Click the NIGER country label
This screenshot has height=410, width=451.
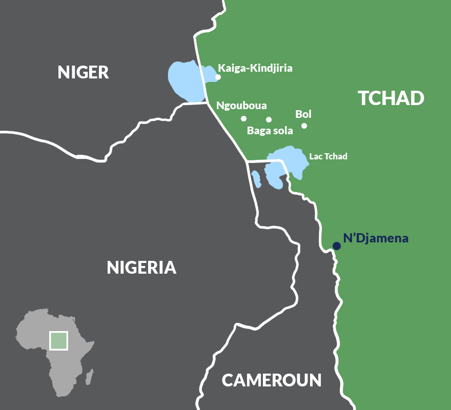(83, 72)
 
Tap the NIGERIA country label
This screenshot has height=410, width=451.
(141, 267)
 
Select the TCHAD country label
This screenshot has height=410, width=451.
(391, 98)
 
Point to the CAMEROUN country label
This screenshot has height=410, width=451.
(272, 380)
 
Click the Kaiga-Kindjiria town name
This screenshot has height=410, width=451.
(255, 68)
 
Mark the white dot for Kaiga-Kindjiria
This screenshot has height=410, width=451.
(218, 77)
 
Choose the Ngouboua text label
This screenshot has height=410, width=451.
(241, 106)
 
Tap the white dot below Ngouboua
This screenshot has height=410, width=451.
(244, 119)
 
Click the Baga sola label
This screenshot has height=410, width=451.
(270, 131)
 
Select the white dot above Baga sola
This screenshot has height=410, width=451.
(269, 119)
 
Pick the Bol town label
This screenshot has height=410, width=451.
(303, 114)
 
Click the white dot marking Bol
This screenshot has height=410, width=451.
(304, 126)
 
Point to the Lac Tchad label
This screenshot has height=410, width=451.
(328, 156)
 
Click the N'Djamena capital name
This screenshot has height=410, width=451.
(376, 238)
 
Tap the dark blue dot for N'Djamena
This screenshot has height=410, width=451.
(337, 246)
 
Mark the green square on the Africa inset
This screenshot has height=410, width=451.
(58, 340)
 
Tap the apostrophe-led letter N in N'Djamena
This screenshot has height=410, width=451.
(347, 238)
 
